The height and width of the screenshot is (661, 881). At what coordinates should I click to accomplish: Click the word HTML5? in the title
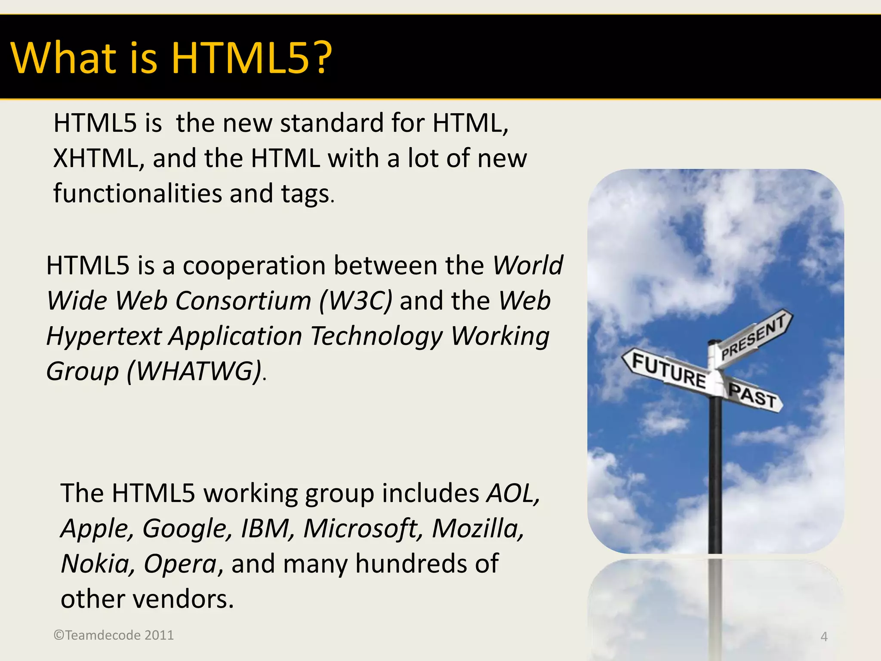pos(252,58)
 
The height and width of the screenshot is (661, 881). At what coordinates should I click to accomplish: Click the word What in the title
pos(64,58)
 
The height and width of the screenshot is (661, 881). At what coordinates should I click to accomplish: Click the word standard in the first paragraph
pos(332,124)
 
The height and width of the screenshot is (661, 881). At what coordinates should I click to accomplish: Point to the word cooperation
pos(254,266)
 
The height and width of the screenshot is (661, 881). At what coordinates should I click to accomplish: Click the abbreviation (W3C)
pos(355,301)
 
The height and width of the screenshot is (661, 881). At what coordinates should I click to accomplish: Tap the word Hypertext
pos(104,336)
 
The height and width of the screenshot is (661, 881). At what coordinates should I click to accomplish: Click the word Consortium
pos(243,301)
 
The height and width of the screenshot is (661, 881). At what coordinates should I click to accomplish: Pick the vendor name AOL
pos(512,493)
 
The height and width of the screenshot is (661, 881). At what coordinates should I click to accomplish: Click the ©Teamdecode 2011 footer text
pos(114,635)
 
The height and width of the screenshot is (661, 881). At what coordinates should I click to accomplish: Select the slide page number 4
pos(824,636)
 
